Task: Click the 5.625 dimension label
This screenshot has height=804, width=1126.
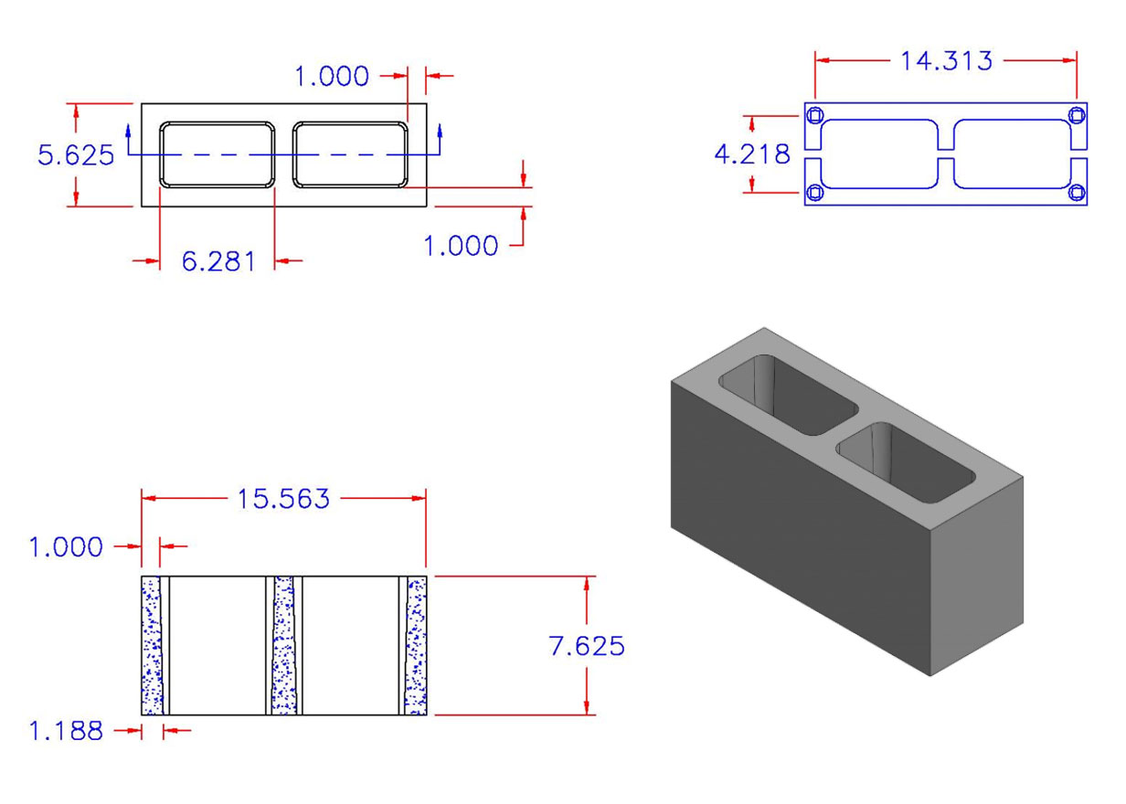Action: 76,155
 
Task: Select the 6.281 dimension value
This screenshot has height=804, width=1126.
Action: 218,262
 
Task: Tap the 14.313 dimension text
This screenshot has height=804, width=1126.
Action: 946,61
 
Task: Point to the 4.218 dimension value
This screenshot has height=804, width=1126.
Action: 751,154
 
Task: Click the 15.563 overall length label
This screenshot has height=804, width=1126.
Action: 283,499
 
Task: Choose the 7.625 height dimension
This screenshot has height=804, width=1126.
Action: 587,646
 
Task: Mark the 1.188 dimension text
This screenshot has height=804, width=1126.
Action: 65,731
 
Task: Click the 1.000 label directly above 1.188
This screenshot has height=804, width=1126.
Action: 65,547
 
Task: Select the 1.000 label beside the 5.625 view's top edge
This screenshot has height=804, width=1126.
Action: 331,77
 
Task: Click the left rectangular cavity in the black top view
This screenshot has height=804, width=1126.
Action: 218,154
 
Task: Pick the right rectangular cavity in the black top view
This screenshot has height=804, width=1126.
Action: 350,154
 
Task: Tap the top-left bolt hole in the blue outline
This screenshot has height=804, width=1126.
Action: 816,115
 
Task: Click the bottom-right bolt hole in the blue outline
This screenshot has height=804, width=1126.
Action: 1077,192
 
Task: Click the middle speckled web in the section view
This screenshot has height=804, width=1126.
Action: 284,645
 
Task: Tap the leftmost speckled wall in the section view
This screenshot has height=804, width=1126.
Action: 151,645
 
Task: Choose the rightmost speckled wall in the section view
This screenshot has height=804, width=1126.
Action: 417,645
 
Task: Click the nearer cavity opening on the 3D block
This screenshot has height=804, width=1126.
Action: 905,462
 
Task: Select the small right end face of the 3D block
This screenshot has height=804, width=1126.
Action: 975,576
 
